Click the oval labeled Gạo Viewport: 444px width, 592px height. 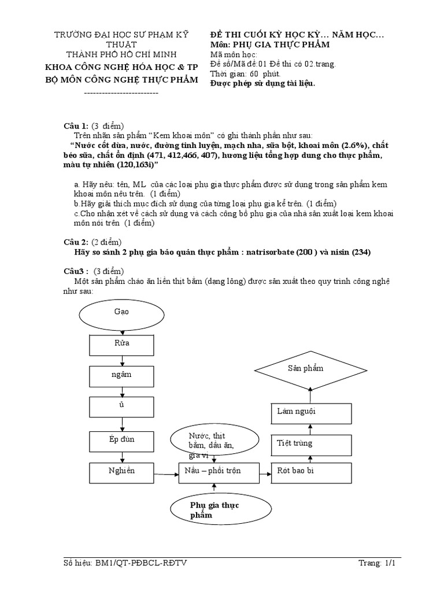click(x=121, y=312)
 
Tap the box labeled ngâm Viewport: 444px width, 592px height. click(x=121, y=376)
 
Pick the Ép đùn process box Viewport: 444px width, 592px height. click(x=121, y=440)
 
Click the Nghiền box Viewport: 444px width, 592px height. click(x=121, y=472)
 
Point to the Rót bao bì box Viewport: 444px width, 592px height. click(x=311, y=472)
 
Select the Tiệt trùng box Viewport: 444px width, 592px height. click(x=311, y=444)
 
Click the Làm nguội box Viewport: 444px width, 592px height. click(x=311, y=413)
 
